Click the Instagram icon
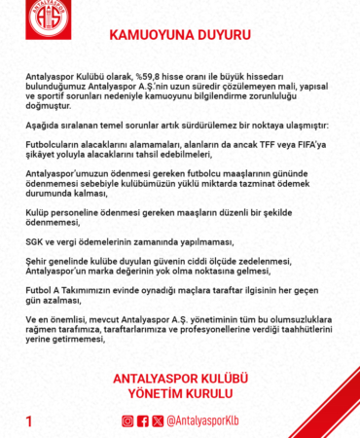pyautogui.click(x=126, y=421)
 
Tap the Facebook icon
pyautogui.click(x=143, y=421)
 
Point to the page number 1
pyautogui.click(x=29, y=421)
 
